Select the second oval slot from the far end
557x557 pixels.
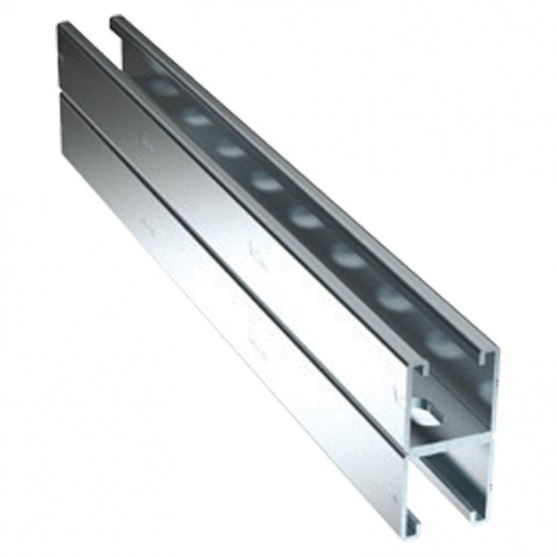tap(196, 117)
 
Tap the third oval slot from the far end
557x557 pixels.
tap(230, 149)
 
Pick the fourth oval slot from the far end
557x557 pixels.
tap(266, 183)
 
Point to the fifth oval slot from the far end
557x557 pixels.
tap(306, 219)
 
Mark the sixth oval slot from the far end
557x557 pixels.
tap(348, 256)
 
